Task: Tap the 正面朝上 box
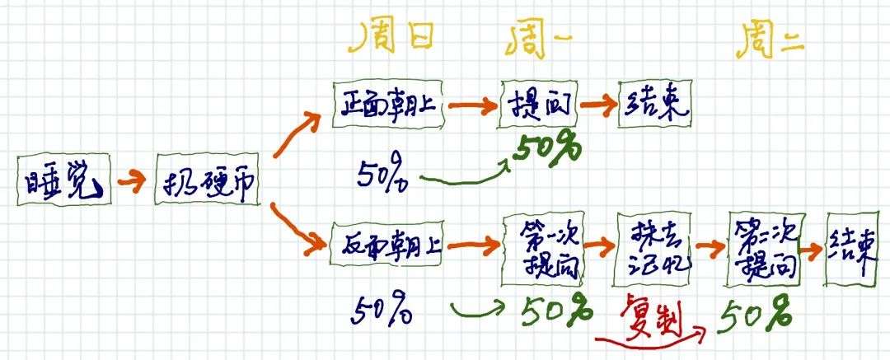tap(388, 105)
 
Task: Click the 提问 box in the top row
tap(538, 106)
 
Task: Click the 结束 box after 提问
tap(655, 105)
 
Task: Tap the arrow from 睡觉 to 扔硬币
tap(130, 181)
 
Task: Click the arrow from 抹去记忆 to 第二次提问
tap(706, 246)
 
